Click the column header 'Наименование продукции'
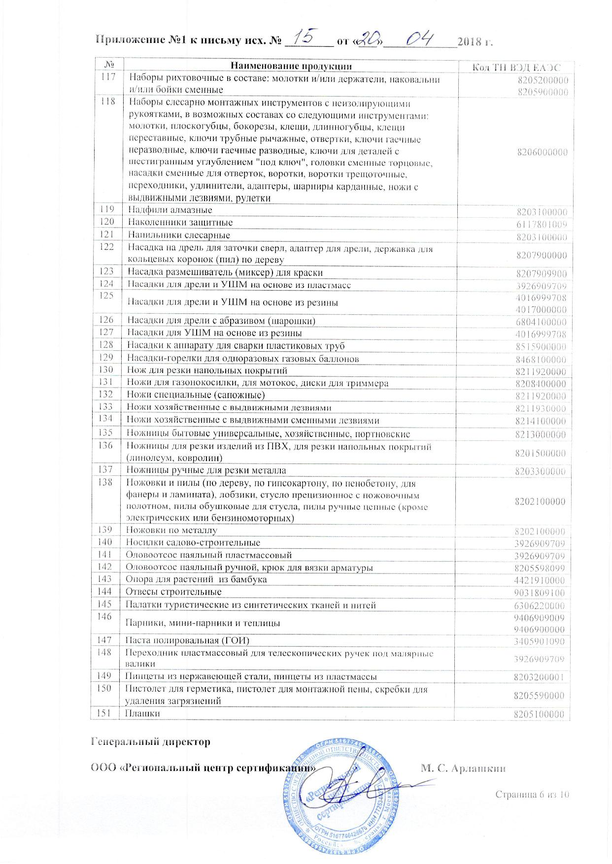click(x=291, y=66)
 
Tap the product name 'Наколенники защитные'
click(x=180, y=223)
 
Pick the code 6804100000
click(x=542, y=322)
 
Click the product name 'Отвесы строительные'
click(x=173, y=592)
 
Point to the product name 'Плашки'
click(x=143, y=713)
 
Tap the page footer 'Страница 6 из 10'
click(x=532, y=794)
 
